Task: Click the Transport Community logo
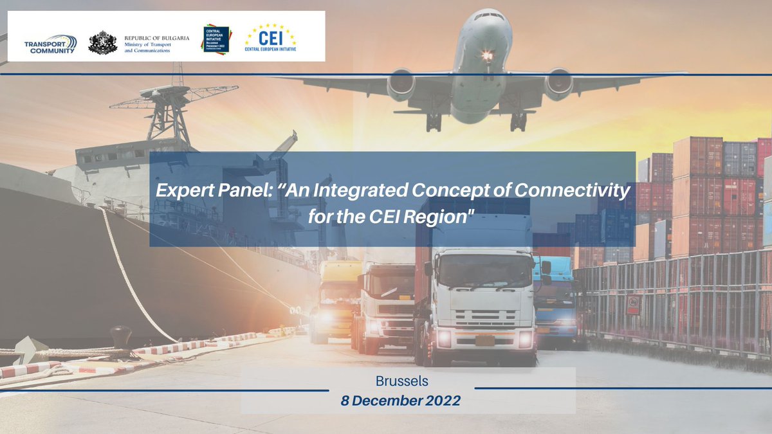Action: tap(50, 44)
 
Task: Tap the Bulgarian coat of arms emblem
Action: tap(103, 42)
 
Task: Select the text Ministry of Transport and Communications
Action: tap(156, 47)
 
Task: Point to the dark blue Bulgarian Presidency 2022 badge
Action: tap(216, 39)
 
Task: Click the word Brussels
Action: tap(401, 381)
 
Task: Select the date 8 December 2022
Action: tap(401, 401)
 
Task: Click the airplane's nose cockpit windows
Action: tap(491, 16)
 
